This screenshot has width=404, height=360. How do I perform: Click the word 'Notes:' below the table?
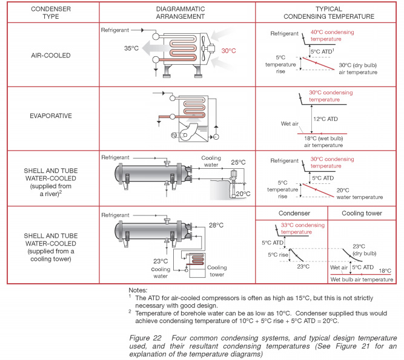139,290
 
